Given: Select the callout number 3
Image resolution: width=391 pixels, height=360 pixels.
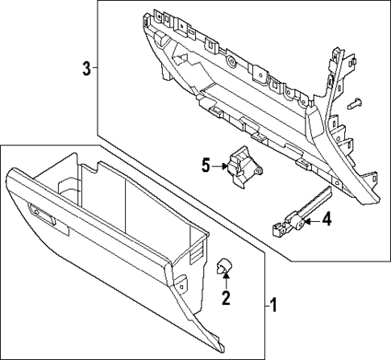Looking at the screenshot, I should (x=86, y=69).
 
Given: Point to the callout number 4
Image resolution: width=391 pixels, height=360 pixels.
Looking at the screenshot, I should (x=327, y=219).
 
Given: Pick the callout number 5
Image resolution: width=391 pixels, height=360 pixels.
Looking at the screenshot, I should (x=206, y=165).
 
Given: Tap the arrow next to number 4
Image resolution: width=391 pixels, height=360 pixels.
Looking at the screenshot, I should (x=313, y=219).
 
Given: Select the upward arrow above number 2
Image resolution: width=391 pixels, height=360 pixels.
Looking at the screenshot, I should (x=227, y=282).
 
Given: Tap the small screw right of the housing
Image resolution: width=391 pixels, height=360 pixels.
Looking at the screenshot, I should (x=356, y=103).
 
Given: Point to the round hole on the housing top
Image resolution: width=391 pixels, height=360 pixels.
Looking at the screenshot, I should (x=231, y=61).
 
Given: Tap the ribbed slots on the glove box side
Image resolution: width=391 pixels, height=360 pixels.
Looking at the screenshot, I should (x=195, y=252).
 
